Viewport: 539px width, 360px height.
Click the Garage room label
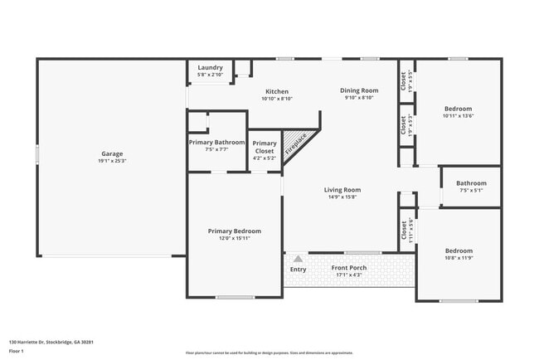(112, 153)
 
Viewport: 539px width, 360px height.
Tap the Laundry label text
(210, 67)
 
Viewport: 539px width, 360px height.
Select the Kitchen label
(276, 91)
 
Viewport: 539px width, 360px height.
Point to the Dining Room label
(359, 90)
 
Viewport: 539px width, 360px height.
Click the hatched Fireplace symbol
(295, 144)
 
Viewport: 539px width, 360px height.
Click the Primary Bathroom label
(217, 143)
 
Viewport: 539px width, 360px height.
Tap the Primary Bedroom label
(234, 231)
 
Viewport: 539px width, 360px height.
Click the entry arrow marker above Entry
(297, 259)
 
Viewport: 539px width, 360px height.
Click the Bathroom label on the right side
(471, 183)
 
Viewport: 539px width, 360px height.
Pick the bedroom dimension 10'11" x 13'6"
(458, 116)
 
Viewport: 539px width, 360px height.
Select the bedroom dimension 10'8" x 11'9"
(458, 258)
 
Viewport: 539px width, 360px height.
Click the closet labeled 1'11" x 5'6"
(406, 229)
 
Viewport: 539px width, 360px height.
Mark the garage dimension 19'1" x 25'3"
(112, 161)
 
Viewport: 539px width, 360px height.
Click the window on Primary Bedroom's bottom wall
(234, 297)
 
